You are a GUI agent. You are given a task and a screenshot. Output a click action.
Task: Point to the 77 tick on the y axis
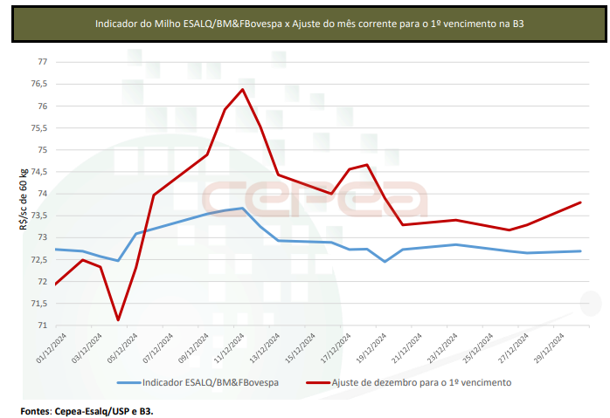pyautogui.click(x=41, y=63)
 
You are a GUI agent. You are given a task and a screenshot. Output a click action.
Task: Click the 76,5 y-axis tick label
pyautogui.click(x=38, y=85)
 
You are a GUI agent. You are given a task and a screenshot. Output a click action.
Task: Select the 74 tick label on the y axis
pyautogui.click(x=41, y=194)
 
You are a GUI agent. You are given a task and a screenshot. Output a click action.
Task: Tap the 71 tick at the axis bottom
pyautogui.click(x=41, y=325)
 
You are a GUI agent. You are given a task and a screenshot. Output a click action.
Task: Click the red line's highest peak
pyautogui.click(x=242, y=89)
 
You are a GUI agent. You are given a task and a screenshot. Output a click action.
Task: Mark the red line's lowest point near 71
pyautogui.click(x=118, y=320)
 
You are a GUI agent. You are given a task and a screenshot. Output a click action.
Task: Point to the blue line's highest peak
pyautogui.click(x=242, y=208)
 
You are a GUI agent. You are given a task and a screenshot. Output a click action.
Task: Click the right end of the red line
pyautogui.click(x=581, y=202)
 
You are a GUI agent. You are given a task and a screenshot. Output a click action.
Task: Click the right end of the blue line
pyautogui.click(x=581, y=251)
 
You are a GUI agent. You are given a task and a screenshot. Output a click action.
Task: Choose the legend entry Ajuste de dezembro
pyautogui.click(x=421, y=382)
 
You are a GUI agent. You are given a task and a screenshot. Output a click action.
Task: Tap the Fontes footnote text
pyautogui.click(x=93, y=409)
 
